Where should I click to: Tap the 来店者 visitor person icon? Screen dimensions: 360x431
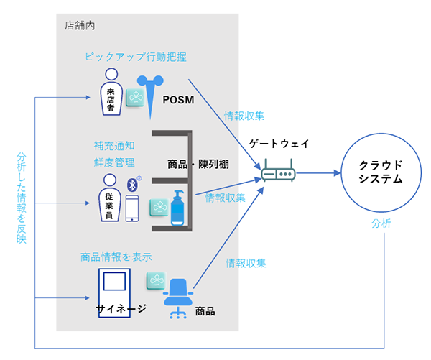(111, 92)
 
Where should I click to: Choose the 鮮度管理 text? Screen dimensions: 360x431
(115, 162)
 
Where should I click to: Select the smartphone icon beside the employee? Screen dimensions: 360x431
(132, 208)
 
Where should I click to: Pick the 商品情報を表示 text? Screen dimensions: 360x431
(116, 257)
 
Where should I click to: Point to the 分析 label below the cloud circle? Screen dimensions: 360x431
(381, 223)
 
